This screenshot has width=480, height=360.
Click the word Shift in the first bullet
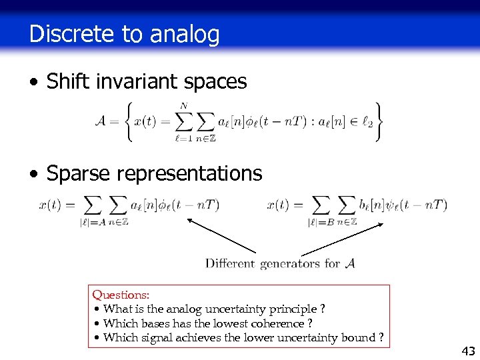[x=65, y=82]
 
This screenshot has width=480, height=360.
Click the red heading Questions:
[x=121, y=295]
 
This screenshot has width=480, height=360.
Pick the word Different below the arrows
[x=230, y=263]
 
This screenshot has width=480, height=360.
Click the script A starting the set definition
[x=101, y=121]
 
